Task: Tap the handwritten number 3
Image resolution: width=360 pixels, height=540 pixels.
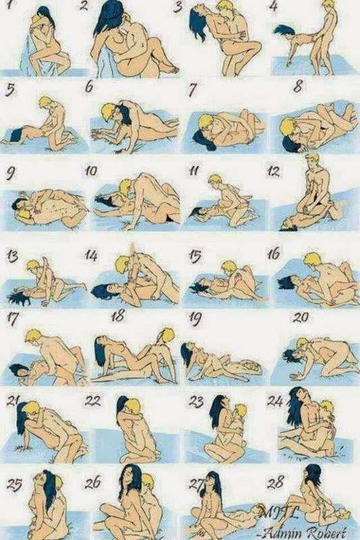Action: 178,8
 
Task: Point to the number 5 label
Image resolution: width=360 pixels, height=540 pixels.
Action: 9,89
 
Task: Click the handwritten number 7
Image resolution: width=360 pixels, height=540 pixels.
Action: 193,89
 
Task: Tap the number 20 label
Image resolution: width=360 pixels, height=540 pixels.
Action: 301,316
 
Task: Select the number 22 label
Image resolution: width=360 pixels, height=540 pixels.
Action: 93,400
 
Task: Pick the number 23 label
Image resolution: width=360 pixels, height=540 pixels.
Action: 196,401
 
